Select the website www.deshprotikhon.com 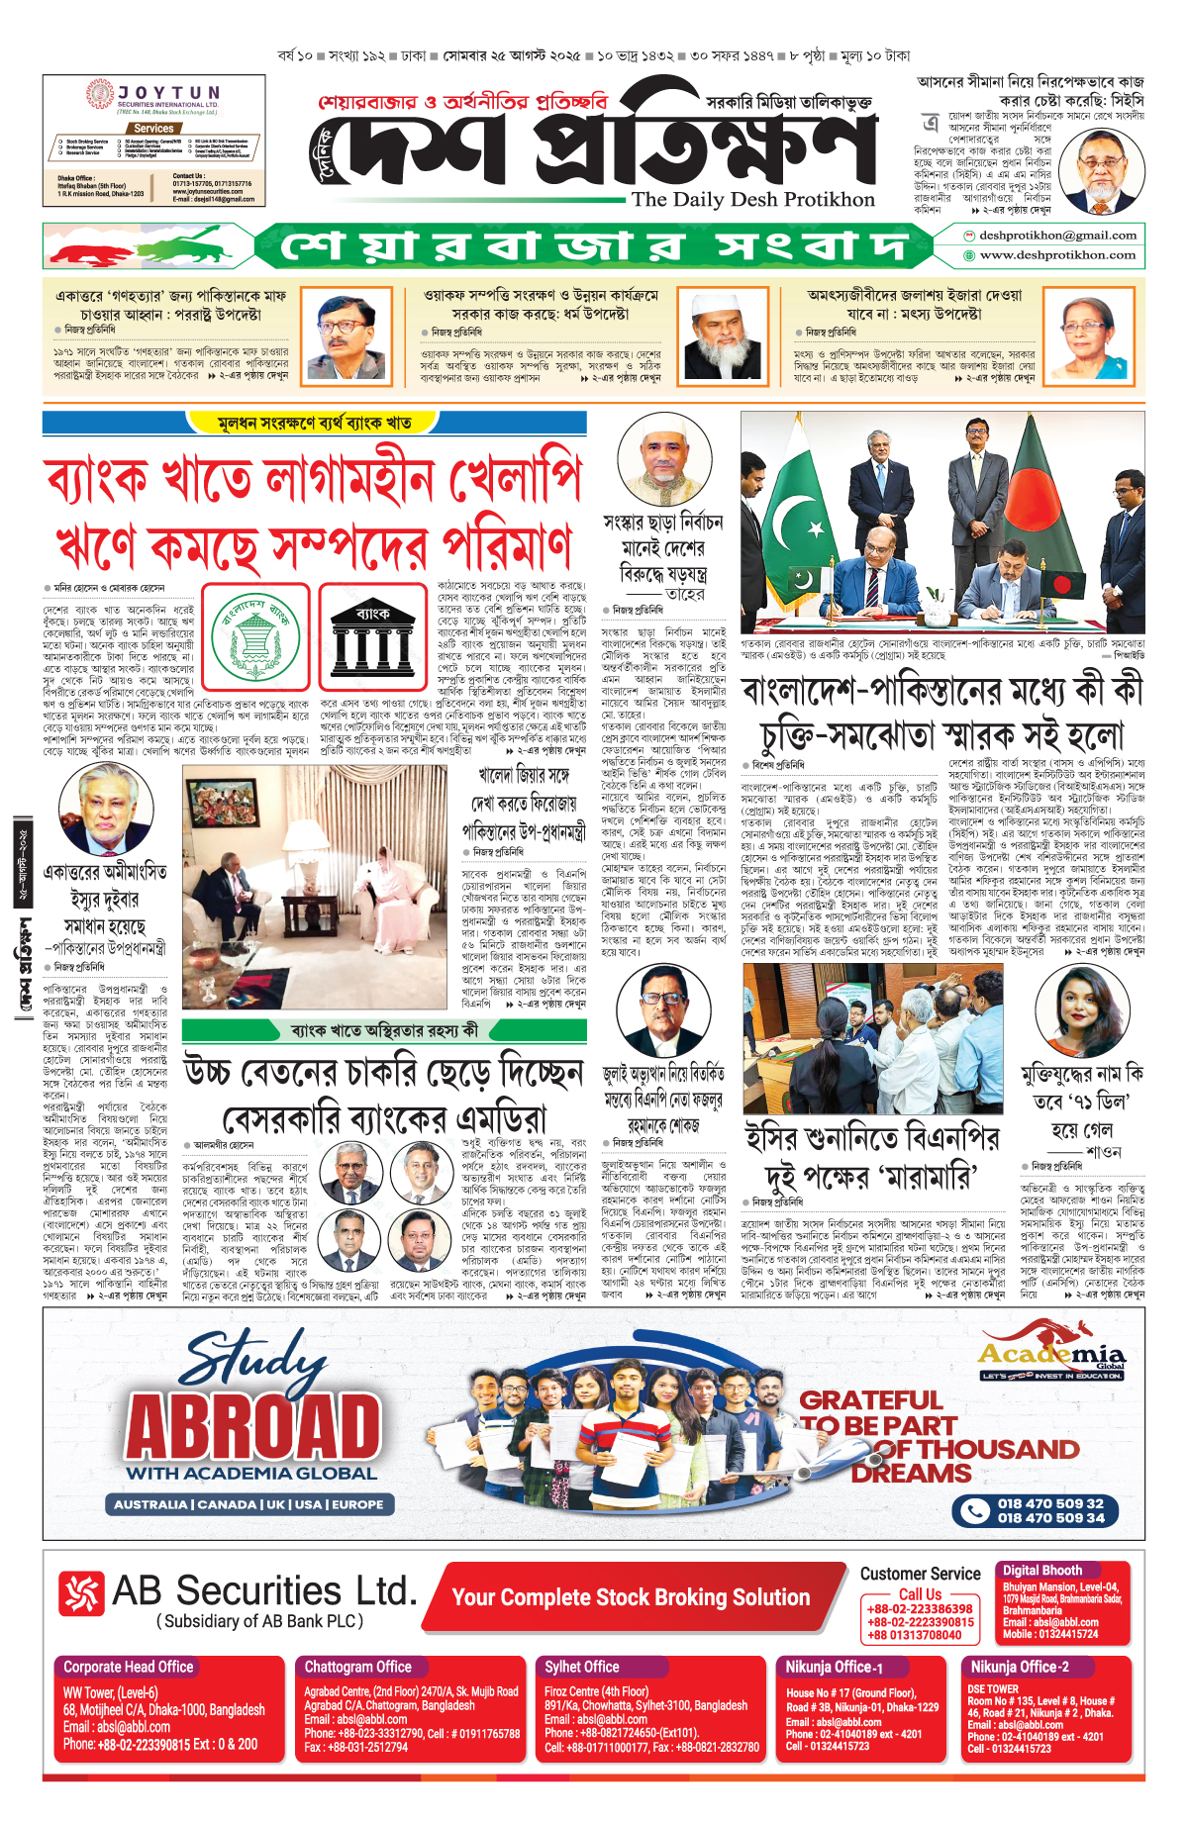coord(1056,255)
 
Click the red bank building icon coord(372,638)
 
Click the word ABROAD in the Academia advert coord(253,1427)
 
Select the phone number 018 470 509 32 coord(1050,1503)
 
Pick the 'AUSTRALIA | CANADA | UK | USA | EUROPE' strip coord(248,1504)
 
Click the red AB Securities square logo coord(81,1592)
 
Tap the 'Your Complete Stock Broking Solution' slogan coord(631,1597)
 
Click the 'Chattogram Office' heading coord(357,1668)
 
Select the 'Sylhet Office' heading coord(581,1668)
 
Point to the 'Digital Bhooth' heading coord(1041,1571)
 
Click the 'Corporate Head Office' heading coord(128,1668)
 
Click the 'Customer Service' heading coord(920,1574)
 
